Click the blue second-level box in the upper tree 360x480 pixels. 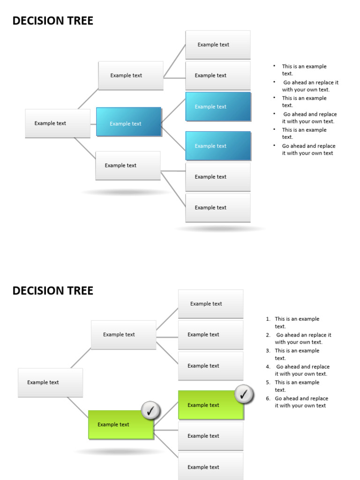coord(128,122)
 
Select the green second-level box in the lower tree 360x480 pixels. coord(121,425)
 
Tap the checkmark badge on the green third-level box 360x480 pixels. coord(244,395)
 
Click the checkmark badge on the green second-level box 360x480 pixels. coord(150,411)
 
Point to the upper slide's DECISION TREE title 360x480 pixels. coord(52,21)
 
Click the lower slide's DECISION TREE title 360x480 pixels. coord(52,291)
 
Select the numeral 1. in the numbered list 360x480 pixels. coord(268,319)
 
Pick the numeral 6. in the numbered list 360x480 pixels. coord(268,398)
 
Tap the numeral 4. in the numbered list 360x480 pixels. coord(268,367)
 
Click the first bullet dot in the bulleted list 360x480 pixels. coord(274,66)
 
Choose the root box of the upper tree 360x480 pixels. coord(57,123)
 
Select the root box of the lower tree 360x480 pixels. coord(50,382)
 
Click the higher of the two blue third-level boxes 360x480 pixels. coord(218,106)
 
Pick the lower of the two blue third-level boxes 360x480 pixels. coord(218,146)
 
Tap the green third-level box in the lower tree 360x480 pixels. coord(210,405)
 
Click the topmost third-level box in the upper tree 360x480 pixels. coord(217,45)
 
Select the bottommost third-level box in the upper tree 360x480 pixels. coord(217,208)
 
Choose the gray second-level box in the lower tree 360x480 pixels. coord(123,335)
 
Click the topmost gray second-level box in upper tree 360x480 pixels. coord(130,75)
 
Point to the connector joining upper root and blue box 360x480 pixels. coord(93,124)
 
